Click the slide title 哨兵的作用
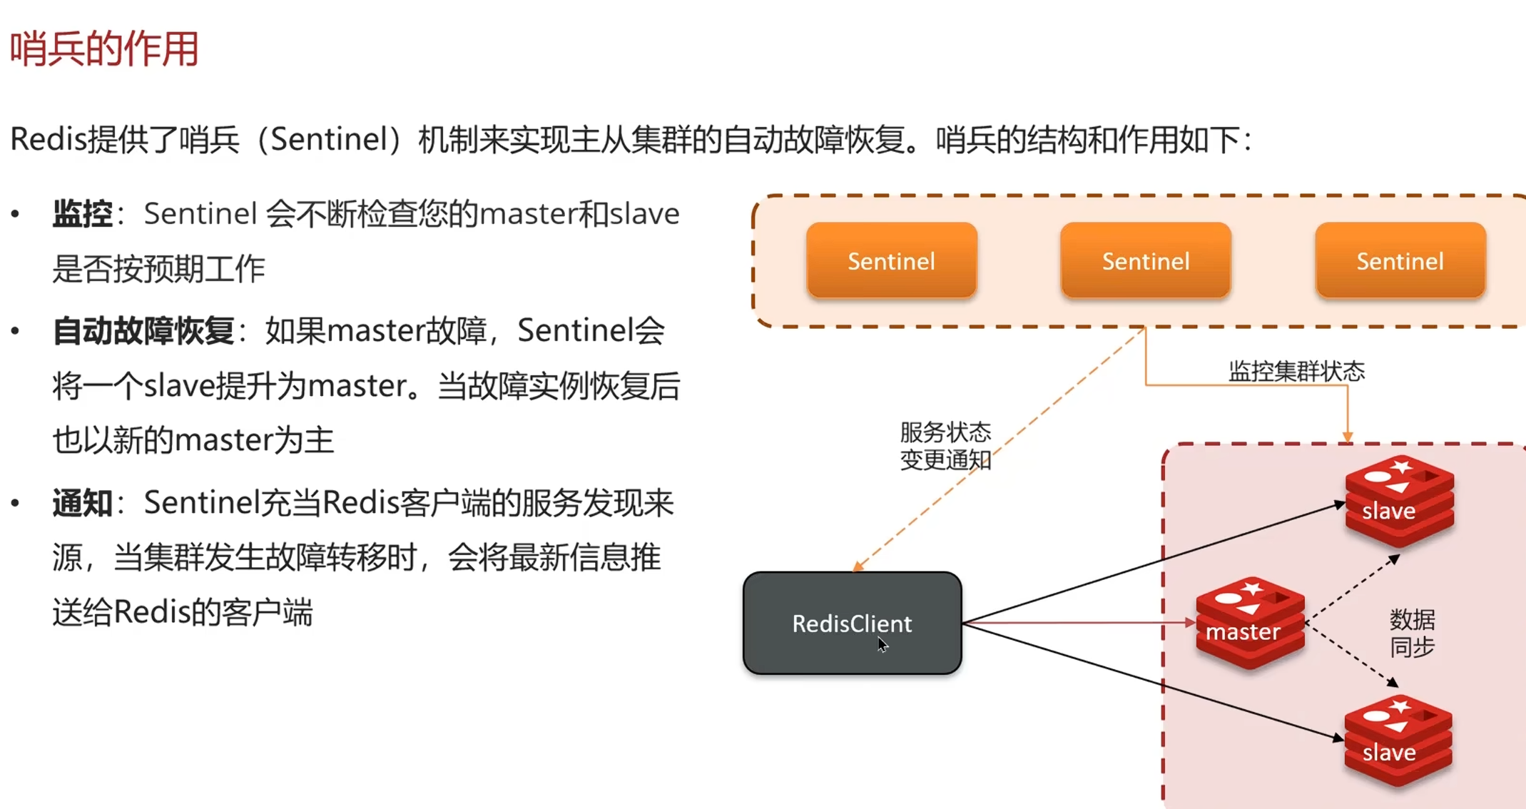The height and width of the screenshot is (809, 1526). [x=104, y=49]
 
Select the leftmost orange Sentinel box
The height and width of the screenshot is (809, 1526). [x=891, y=260]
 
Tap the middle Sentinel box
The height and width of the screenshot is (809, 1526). [x=1146, y=260]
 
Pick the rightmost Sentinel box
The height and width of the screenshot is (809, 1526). [x=1400, y=260]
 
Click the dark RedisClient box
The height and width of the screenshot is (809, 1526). [x=853, y=623]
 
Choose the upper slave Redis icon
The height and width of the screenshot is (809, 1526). [x=1399, y=502]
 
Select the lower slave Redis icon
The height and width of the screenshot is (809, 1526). [x=1398, y=741]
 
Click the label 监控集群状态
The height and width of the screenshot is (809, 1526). [x=1296, y=371]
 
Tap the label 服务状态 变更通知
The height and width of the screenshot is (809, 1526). [x=945, y=446]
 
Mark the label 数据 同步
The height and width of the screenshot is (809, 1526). [x=1412, y=633]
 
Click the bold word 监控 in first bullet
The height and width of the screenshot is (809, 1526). [x=83, y=214]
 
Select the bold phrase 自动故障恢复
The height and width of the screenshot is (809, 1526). [x=143, y=331]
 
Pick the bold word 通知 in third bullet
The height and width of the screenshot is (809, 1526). [x=83, y=504]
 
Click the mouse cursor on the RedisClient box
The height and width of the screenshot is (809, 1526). [x=882, y=645]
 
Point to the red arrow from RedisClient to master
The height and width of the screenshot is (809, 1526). [x=1079, y=623]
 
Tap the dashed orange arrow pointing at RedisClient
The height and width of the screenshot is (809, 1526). [x=999, y=450]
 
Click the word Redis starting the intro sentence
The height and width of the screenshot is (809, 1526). [x=48, y=138]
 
